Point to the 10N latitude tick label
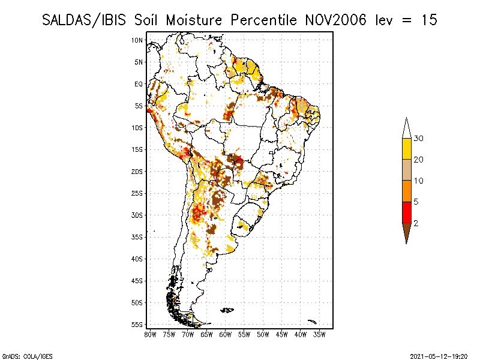(x=137, y=40)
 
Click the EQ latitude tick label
(x=139, y=84)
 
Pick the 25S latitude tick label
(x=137, y=193)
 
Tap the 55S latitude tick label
(x=137, y=325)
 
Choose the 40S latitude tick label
(x=137, y=259)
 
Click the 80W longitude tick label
(x=150, y=334)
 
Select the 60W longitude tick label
(x=225, y=334)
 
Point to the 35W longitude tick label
(x=319, y=334)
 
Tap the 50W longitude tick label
(x=263, y=334)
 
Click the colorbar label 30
(x=419, y=139)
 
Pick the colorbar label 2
(x=415, y=223)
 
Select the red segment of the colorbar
(x=406, y=212)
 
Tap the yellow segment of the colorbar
(x=406, y=149)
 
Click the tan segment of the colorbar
(x=406, y=170)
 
